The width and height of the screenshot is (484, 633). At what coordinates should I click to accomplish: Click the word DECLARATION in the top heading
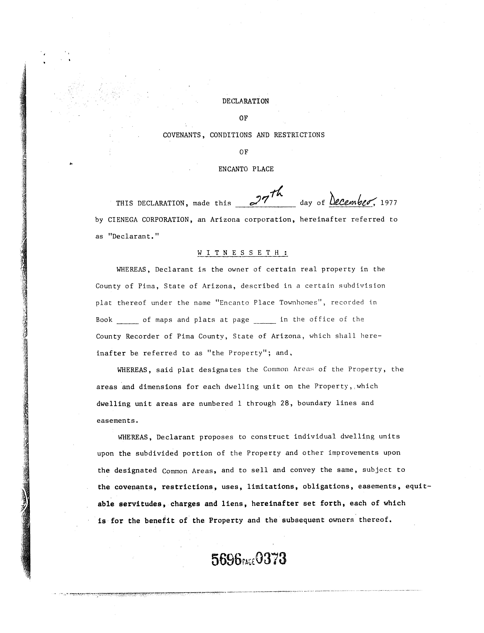pos(245,101)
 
